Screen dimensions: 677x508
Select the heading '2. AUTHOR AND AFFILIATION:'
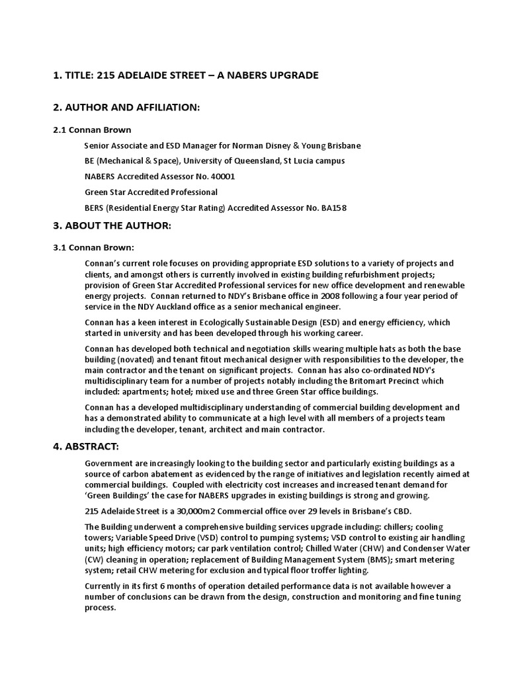(126, 107)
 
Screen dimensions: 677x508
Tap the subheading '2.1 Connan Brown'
(92, 130)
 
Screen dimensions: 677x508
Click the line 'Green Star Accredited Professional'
(151, 192)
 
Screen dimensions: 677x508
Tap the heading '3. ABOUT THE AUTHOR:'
(112, 226)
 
